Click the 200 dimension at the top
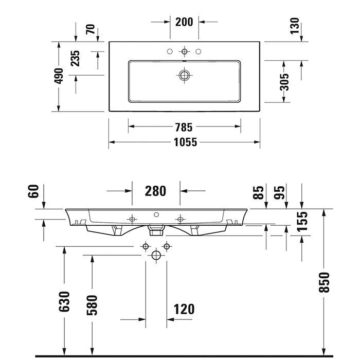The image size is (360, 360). [x=184, y=22]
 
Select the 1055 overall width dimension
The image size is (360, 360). [x=184, y=142]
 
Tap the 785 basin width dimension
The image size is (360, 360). [x=184, y=127]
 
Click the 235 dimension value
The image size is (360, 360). [x=75, y=58]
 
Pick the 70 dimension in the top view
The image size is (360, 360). [x=91, y=29]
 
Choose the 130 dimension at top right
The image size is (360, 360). [x=294, y=25]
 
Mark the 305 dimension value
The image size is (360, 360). [x=284, y=82]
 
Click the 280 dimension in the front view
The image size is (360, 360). [x=155, y=191]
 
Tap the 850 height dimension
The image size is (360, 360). [x=324, y=282]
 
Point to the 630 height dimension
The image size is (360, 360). [x=64, y=301]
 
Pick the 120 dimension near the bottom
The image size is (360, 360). [x=184, y=309]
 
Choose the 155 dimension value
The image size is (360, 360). [x=302, y=221]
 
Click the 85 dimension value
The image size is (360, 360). [x=259, y=192]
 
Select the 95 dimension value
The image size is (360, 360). [x=279, y=192]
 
